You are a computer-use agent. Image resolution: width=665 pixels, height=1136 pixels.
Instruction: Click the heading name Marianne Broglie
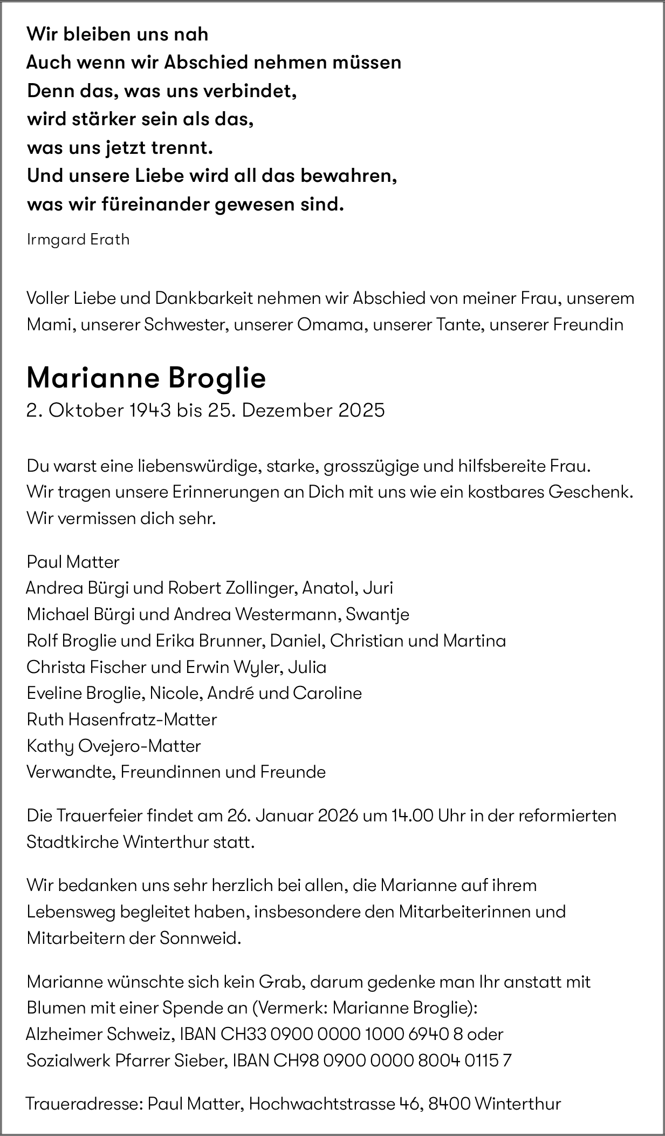(x=146, y=378)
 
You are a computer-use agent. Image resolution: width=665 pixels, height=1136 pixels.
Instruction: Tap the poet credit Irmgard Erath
(x=78, y=240)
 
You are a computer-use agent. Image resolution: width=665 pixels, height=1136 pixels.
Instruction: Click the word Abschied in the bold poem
(x=205, y=63)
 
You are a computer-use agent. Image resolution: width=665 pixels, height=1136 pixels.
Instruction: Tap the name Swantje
(x=378, y=614)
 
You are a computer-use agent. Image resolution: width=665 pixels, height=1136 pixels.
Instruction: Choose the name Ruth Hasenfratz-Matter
(x=122, y=719)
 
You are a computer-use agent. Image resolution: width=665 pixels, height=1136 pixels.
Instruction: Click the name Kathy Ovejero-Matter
(x=114, y=746)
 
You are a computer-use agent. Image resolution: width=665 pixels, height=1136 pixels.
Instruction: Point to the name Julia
(x=307, y=667)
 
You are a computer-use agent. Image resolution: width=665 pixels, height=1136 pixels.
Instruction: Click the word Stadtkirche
(x=72, y=842)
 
